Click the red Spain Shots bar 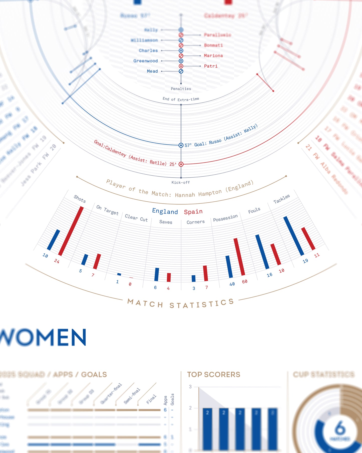(71, 231)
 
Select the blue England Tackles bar (294, 236)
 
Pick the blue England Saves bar (157, 274)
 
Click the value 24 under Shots (57, 261)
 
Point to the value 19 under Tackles (305, 261)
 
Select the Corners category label (196, 222)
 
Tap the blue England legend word (165, 211)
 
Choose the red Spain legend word (193, 212)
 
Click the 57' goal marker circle (181, 145)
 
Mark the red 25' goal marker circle (181, 164)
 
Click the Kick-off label (181, 182)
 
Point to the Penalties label (181, 89)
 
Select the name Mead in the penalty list (152, 71)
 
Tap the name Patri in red (211, 66)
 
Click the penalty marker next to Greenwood (181, 61)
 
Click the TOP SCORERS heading (214, 374)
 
